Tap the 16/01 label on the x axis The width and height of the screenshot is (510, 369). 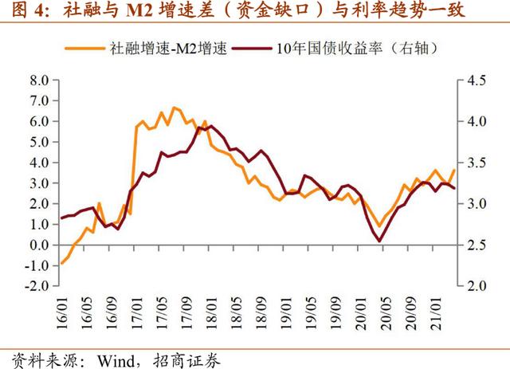tap(62, 308)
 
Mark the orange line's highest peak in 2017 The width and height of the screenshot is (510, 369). tap(174, 107)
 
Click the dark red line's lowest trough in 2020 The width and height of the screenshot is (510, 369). tap(379, 241)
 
